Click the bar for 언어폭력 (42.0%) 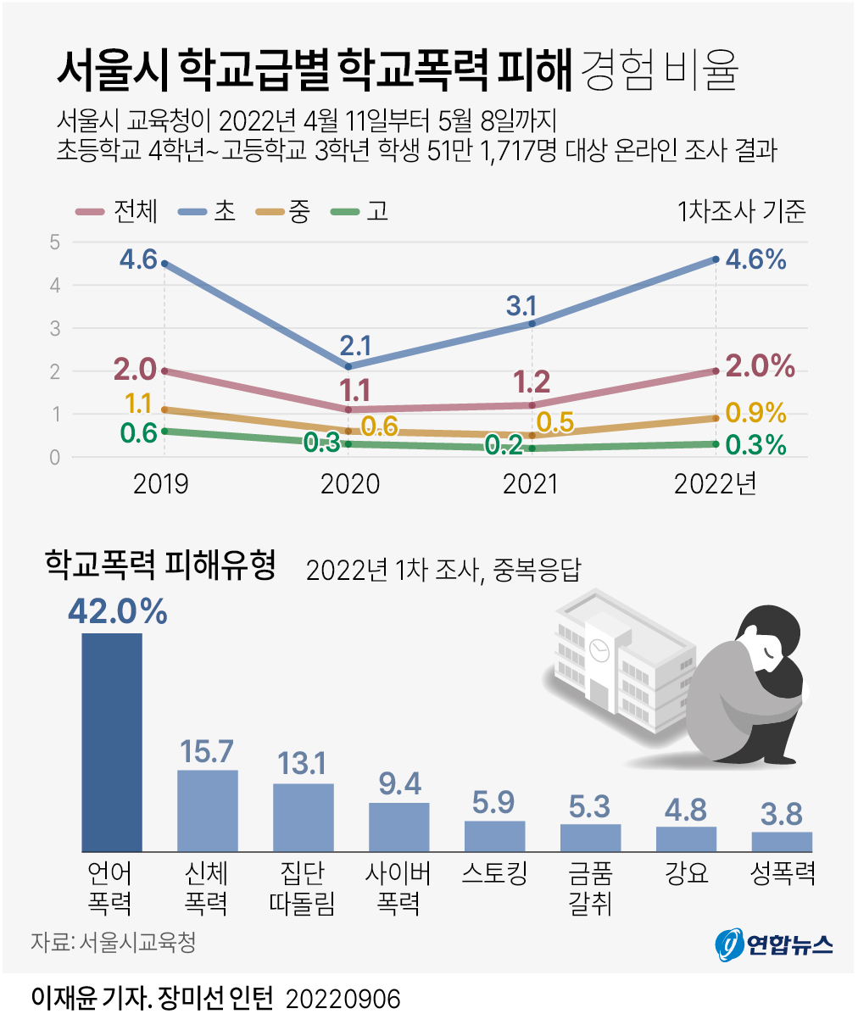(x=111, y=742)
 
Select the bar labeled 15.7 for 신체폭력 (x=207, y=810)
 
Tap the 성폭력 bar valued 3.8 (x=781, y=841)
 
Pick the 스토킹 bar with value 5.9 (x=494, y=836)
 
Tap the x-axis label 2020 (x=349, y=484)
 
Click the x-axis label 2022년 (x=715, y=484)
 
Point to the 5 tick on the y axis (x=55, y=242)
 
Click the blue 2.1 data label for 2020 (x=355, y=346)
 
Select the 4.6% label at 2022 (x=755, y=259)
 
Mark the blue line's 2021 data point (x=532, y=323)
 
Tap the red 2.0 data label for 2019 (x=135, y=369)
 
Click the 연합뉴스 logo (x=773, y=944)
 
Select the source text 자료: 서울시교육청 (x=113, y=942)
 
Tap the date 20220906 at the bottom (x=343, y=999)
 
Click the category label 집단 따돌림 (x=302, y=888)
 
